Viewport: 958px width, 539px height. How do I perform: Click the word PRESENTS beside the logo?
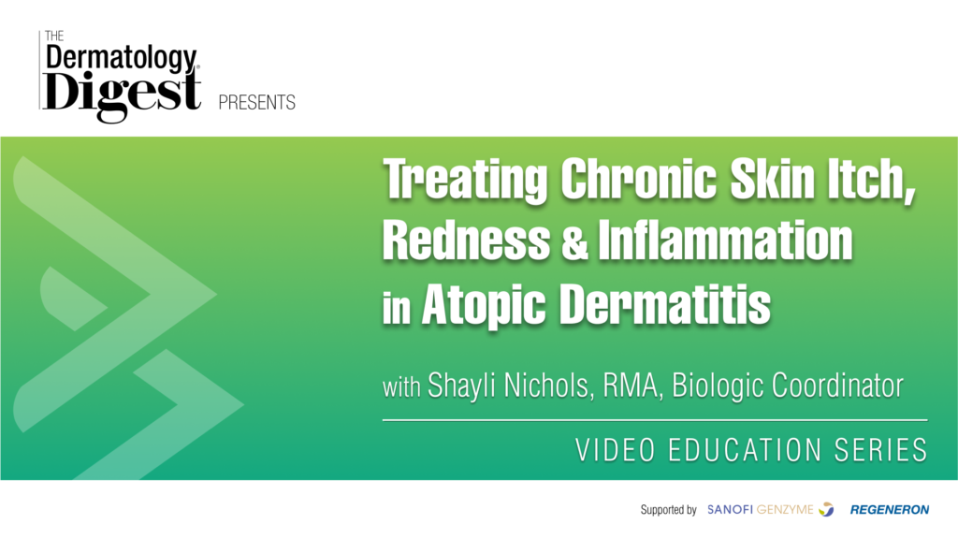click(x=256, y=102)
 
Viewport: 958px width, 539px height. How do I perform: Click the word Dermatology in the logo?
click(x=122, y=58)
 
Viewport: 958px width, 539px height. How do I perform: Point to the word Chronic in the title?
click(x=638, y=179)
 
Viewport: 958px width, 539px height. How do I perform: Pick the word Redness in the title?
click(x=466, y=240)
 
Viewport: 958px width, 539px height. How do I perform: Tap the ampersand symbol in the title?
click(x=573, y=241)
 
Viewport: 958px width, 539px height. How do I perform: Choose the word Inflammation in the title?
click(x=725, y=240)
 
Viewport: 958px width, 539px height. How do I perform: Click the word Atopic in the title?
click(x=484, y=305)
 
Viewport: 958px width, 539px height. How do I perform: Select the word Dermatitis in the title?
click(x=665, y=303)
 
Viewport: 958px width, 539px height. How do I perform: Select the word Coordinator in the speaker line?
click(x=837, y=386)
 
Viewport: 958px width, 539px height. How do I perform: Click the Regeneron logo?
click(x=890, y=510)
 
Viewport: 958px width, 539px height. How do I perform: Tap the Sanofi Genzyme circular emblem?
click(x=826, y=509)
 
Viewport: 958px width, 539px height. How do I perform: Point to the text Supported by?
click(x=668, y=510)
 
